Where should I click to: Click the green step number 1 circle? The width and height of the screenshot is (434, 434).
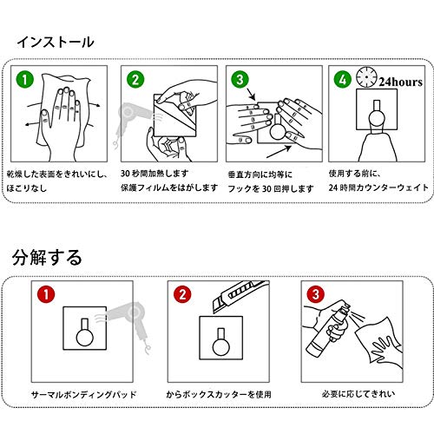25,79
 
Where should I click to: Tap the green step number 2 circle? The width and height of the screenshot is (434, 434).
135,79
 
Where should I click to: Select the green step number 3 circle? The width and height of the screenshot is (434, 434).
240,79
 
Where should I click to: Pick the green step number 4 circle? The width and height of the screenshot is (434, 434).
343,79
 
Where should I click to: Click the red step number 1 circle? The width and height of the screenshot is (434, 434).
46,294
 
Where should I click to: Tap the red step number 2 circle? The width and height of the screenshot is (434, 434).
182,294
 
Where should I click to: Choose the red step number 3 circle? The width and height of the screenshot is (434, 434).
316,294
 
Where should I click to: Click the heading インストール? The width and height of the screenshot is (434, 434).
56,43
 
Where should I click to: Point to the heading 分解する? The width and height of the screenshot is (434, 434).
47,257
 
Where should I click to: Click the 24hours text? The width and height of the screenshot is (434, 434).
401,82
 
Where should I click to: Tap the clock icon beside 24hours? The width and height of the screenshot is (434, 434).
366,77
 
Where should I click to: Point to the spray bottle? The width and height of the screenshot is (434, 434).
328,328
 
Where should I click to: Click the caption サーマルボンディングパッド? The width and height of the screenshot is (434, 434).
83,394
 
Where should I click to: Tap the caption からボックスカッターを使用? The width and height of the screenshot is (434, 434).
219,394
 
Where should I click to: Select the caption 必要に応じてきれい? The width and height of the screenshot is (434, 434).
358,394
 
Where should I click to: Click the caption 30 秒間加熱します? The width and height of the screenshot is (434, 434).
155,174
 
